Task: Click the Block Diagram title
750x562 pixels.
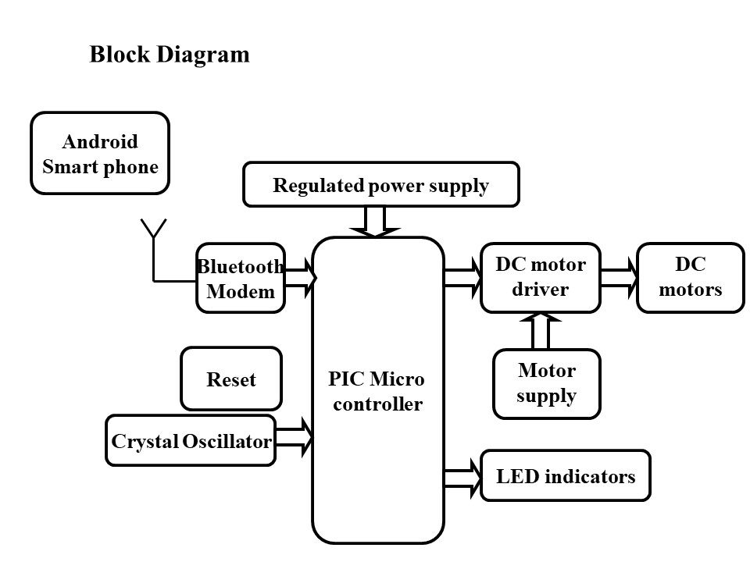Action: click(x=170, y=55)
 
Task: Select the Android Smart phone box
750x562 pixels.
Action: click(x=100, y=153)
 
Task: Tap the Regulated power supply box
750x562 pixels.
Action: click(x=380, y=185)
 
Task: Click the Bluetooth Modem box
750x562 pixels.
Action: click(x=240, y=279)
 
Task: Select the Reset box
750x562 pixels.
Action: click(x=231, y=379)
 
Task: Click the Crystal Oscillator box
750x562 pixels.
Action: click(x=191, y=441)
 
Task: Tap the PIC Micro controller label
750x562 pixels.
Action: click(x=378, y=392)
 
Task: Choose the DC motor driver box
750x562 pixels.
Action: click(x=541, y=277)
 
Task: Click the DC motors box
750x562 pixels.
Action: click(x=691, y=277)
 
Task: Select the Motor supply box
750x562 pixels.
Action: click(x=547, y=383)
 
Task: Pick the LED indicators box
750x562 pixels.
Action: click(x=566, y=476)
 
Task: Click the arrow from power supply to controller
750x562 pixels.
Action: click(x=375, y=221)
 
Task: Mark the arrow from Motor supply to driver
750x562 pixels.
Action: click(x=541, y=330)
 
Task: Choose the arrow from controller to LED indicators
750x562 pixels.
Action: click(x=463, y=476)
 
